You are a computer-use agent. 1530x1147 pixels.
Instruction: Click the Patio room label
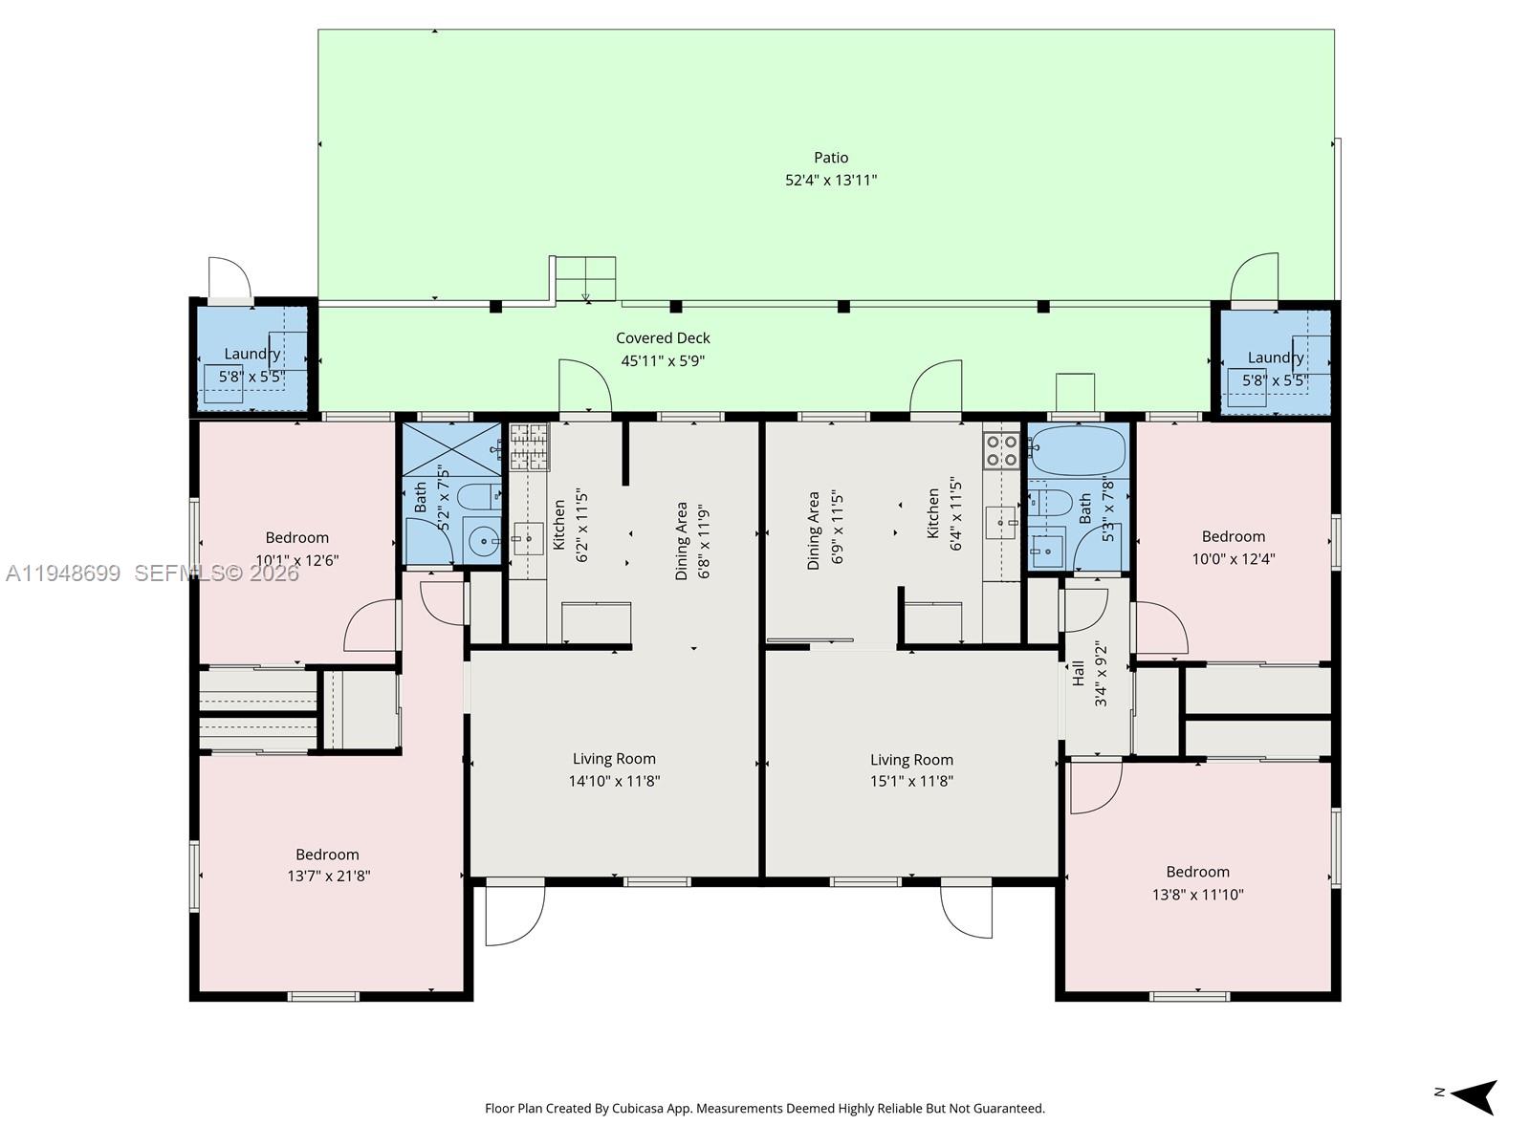coord(831,158)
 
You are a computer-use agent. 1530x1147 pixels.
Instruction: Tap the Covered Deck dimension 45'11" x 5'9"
coord(663,361)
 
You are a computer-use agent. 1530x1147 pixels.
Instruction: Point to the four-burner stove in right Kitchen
coord(1001,450)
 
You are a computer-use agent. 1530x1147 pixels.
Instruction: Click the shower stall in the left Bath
coord(451,449)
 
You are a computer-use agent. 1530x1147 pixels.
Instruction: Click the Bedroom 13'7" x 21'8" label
coord(327,865)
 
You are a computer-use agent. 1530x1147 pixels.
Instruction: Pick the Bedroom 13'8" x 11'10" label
coord(1197,883)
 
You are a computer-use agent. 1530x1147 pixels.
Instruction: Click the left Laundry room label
coord(251,355)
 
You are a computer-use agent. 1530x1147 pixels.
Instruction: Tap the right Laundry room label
coord(1275,358)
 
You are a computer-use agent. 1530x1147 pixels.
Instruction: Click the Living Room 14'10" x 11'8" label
coord(614,769)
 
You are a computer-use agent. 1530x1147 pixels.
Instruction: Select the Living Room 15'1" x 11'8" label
coord(911,769)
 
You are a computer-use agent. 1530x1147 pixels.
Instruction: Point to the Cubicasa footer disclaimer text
coord(764,1109)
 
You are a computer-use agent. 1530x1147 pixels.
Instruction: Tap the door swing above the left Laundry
coord(229,278)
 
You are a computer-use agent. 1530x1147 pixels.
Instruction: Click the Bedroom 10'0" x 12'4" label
coord(1233,548)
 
